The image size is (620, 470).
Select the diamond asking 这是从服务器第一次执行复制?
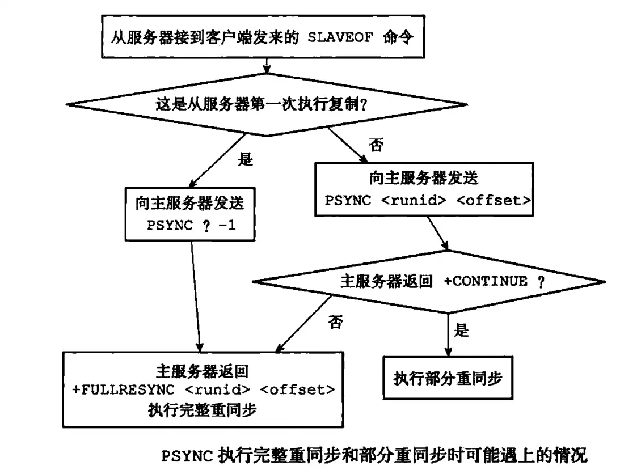pyautogui.click(x=267, y=104)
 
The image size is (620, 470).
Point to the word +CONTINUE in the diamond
pyautogui.click(x=486, y=281)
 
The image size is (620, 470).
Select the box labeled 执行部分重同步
pyautogui.click(x=448, y=378)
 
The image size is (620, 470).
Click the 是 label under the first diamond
pyautogui.click(x=245, y=159)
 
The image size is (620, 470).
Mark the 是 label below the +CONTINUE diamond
pyautogui.click(x=462, y=330)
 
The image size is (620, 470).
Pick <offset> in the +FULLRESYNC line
pyautogui.click(x=298, y=389)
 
